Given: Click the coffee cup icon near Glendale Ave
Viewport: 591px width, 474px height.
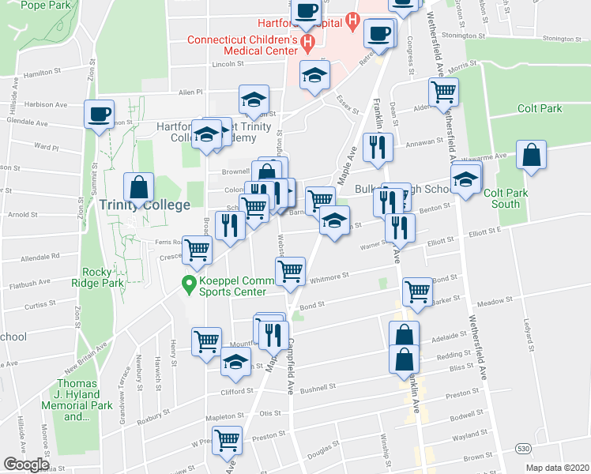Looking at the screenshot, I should [100, 114].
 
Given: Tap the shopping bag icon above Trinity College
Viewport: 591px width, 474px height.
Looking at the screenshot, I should [139, 188].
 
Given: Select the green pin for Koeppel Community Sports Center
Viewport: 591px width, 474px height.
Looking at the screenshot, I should [189, 283].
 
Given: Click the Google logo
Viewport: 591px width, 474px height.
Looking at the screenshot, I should [26, 465].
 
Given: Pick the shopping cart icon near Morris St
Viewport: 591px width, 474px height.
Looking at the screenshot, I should [443, 92].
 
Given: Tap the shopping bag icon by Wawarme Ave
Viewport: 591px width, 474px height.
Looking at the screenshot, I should [532, 156].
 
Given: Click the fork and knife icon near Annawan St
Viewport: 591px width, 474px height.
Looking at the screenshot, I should [377, 148].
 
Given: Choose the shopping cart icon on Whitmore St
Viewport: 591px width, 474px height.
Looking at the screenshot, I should [291, 272].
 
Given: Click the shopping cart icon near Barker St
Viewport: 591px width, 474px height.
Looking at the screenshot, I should [417, 292].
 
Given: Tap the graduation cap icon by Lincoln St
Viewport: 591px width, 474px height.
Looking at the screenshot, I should [314, 76].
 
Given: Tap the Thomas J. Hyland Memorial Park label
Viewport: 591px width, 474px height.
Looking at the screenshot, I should [77, 400].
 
